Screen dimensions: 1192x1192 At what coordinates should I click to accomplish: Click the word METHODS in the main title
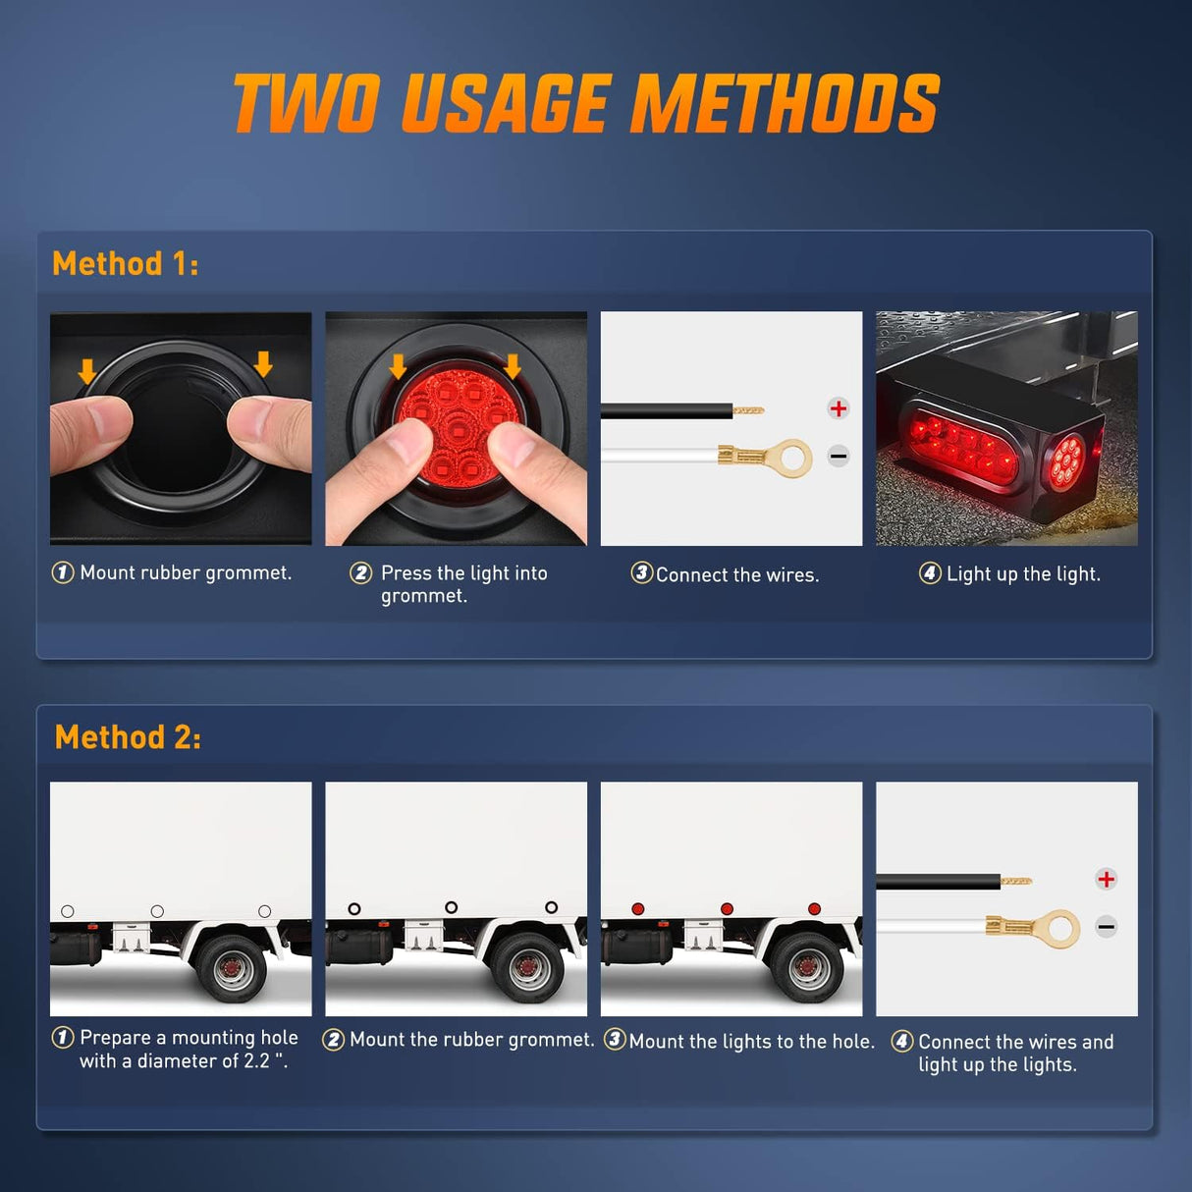[785, 104]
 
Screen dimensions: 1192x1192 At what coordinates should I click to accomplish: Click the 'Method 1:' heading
[125, 263]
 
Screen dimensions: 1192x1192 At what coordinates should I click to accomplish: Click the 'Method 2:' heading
[128, 736]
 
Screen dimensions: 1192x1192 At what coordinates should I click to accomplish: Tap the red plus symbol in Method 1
[838, 408]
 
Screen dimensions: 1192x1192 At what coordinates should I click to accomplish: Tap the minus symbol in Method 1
[838, 456]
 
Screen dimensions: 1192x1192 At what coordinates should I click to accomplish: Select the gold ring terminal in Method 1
[788, 458]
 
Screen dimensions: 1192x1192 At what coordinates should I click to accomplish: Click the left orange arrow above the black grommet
[87, 371]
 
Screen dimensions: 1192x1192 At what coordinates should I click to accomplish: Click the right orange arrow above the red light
[513, 366]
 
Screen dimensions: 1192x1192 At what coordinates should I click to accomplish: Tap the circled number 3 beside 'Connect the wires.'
[641, 572]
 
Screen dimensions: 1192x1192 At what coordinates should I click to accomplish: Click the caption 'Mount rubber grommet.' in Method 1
[186, 572]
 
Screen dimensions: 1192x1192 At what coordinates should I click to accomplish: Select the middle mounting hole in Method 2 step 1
[157, 911]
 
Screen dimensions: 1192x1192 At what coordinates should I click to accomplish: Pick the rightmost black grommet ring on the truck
[551, 907]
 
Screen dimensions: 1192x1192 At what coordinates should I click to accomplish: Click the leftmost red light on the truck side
[637, 909]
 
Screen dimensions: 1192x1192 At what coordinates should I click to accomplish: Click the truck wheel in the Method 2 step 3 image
[808, 970]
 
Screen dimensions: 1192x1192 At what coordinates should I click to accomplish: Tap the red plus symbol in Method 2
[1106, 879]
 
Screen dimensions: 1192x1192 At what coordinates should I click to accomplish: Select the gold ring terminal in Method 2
[1058, 929]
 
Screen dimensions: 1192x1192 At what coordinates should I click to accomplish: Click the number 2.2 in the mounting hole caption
[255, 1061]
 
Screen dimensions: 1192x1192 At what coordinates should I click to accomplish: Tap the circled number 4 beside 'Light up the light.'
[929, 572]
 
